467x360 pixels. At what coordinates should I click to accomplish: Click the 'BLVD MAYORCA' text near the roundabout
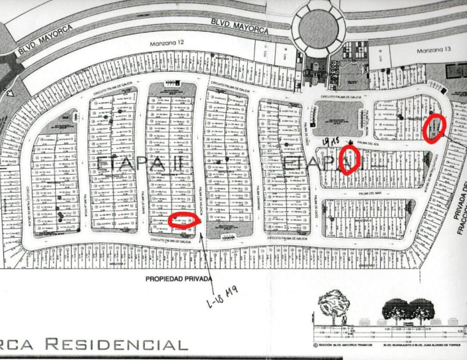pyautogui.click(x=238, y=22)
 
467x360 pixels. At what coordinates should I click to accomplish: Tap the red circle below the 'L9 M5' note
pyautogui.click(x=349, y=159)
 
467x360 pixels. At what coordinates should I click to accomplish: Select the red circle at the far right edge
pyautogui.click(x=434, y=128)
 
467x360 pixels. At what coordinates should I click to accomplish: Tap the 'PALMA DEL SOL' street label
pyautogui.click(x=372, y=142)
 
